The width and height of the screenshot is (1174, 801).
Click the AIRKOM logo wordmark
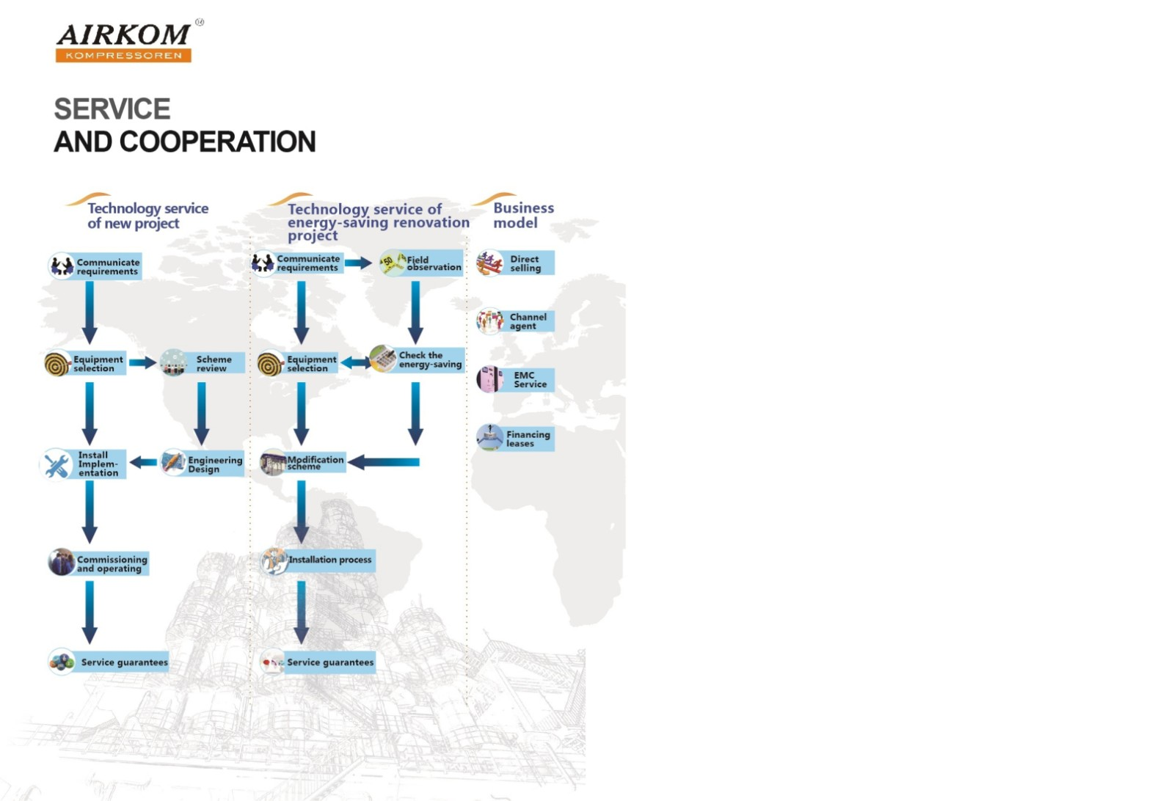pos(124,34)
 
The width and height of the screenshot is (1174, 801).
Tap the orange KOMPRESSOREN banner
pos(124,56)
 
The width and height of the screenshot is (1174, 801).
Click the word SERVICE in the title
pos(112,109)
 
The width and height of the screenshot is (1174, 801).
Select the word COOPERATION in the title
pos(217,142)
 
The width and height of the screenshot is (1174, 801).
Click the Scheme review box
pos(203,363)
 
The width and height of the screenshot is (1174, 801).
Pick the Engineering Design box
pos(203,464)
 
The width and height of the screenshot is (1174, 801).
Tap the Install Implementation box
pos(84,464)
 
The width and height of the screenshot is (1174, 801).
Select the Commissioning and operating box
pos(98,563)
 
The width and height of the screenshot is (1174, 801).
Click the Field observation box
pos(421,263)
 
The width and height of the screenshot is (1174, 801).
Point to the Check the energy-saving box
pos(418,359)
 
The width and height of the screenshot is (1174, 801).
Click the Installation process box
pos(318,560)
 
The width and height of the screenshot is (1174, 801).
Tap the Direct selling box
pos(516,263)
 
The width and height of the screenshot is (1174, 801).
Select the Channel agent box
pos(516,321)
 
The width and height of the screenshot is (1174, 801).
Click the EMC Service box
pos(516,379)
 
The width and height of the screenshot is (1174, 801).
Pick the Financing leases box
pos(516,438)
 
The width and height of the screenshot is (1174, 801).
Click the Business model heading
pos(524,216)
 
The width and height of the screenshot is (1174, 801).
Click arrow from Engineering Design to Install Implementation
pos(143,462)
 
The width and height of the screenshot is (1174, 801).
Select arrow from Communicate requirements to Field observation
pos(359,263)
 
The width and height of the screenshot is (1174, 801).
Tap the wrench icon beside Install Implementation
pos(56,464)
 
